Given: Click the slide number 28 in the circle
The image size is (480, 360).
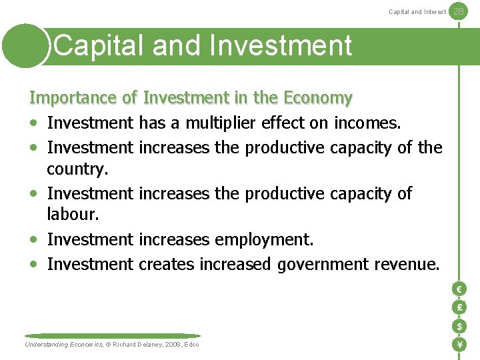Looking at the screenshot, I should pyautogui.click(x=458, y=11).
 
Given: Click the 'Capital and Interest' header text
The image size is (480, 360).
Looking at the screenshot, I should pyautogui.click(x=417, y=12).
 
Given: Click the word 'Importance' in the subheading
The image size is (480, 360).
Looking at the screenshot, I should pyautogui.click(x=74, y=99).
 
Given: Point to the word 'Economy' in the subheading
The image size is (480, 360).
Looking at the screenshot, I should pyautogui.click(x=317, y=99).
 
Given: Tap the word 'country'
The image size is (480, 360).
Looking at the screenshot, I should pyautogui.click(x=76, y=169).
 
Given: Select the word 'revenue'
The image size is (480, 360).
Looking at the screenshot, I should pyautogui.click(x=407, y=264).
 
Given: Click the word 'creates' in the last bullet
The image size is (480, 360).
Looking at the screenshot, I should pyautogui.click(x=167, y=264).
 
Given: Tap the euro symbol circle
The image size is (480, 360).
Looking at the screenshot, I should pyautogui.click(x=459, y=289).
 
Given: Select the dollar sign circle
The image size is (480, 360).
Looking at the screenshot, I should pyautogui.click(x=459, y=327).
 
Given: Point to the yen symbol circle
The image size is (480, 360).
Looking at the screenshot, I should pyautogui.click(x=459, y=345).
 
